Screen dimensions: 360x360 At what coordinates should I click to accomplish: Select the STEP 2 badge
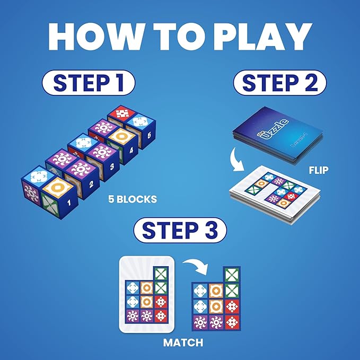(x=280, y=83)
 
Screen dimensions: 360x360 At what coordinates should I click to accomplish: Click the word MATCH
(x=183, y=343)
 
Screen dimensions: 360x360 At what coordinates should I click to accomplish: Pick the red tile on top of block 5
(x=121, y=113)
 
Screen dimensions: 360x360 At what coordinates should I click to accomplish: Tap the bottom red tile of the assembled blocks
(x=231, y=321)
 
